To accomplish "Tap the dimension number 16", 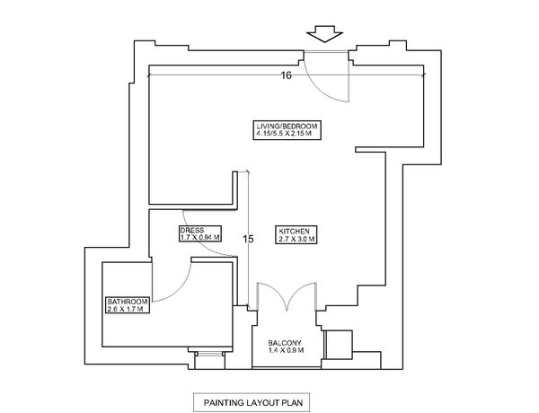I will pyautogui.click(x=286, y=76).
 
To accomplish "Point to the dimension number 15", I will pyautogui.click(x=249, y=239).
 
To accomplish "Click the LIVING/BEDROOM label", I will pyautogui.click(x=287, y=125).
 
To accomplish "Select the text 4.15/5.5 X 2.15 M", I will pyautogui.click(x=287, y=134).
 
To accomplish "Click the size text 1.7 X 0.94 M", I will pyautogui.click(x=197, y=238).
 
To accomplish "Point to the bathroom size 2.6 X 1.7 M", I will pyautogui.click(x=126, y=309).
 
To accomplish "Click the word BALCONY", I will pyautogui.click(x=287, y=342).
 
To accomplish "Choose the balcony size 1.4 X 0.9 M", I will pyautogui.click(x=287, y=351).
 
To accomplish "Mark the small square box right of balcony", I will pyautogui.click(x=339, y=344).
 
